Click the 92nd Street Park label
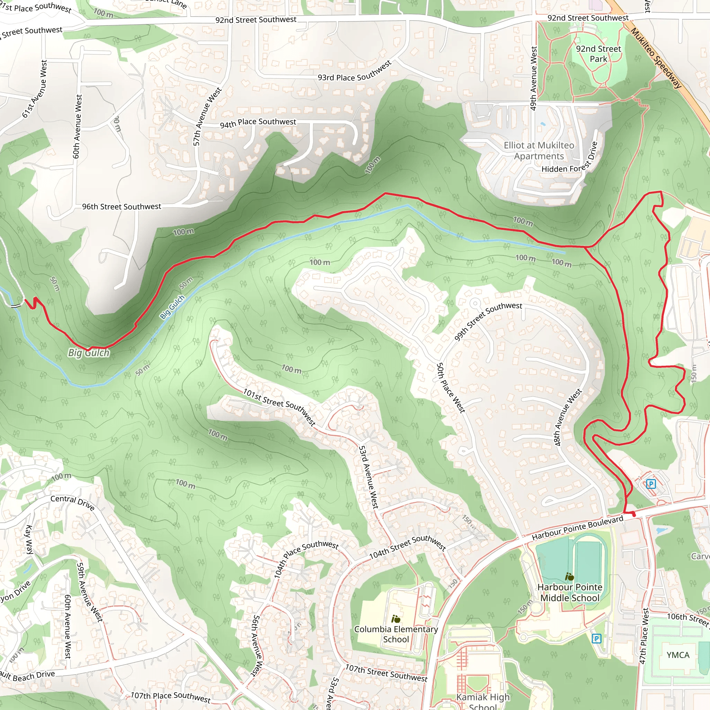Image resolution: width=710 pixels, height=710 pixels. [x=598, y=54]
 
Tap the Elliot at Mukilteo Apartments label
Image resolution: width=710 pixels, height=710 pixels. [x=539, y=151]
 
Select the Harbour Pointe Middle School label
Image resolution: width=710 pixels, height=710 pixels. [x=570, y=592]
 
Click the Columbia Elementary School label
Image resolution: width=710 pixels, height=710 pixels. [x=396, y=634]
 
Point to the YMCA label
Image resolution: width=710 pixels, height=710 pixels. [x=678, y=655]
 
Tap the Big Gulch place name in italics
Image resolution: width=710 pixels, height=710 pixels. [x=89, y=353]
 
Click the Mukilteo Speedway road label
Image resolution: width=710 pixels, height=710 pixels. [x=656, y=58]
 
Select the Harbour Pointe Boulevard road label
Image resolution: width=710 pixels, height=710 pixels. [x=577, y=528]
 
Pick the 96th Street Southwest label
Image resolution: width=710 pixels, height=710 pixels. [x=121, y=207]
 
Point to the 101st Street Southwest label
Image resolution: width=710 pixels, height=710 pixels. [x=279, y=407]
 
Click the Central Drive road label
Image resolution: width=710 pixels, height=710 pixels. [x=73, y=502]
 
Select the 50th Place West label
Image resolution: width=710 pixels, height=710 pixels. [x=451, y=388]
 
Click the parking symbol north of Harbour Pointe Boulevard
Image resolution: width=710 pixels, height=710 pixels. [x=651, y=484]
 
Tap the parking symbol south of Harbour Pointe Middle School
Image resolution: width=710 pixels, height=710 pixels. [x=596, y=638]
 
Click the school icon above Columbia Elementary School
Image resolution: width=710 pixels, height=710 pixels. [x=396, y=619]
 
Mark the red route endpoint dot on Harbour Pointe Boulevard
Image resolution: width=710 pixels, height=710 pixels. [x=634, y=515]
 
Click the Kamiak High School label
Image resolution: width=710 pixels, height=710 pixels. [x=483, y=701]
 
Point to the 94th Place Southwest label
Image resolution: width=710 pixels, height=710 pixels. [x=258, y=123]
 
